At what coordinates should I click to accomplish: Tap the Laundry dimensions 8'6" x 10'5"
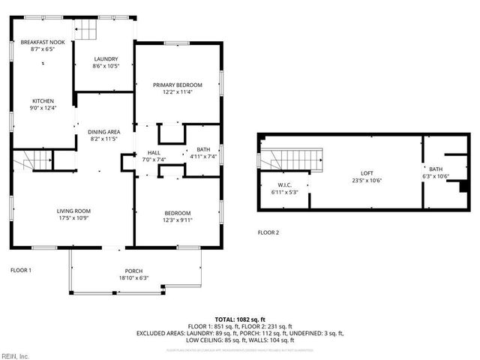(x=105, y=67)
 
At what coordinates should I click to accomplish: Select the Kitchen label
(x=42, y=100)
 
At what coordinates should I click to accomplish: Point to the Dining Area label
(x=104, y=132)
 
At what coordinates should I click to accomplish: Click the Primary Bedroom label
(x=178, y=85)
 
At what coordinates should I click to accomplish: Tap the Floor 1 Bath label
(x=202, y=149)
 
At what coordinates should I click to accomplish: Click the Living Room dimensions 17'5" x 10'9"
(x=73, y=218)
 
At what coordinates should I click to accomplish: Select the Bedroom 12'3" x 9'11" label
(x=178, y=220)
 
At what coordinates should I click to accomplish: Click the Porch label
(x=133, y=271)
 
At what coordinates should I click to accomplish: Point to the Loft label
(x=367, y=172)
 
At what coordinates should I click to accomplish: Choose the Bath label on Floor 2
(x=436, y=169)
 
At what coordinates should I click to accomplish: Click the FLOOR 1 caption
(x=20, y=269)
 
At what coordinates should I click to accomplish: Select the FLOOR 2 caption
(x=268, y=232)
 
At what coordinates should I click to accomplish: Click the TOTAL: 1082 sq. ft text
(x=239, y=319)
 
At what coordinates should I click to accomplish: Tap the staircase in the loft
(x=299, y=159)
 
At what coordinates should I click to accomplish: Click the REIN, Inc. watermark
(x=15, y=355)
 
